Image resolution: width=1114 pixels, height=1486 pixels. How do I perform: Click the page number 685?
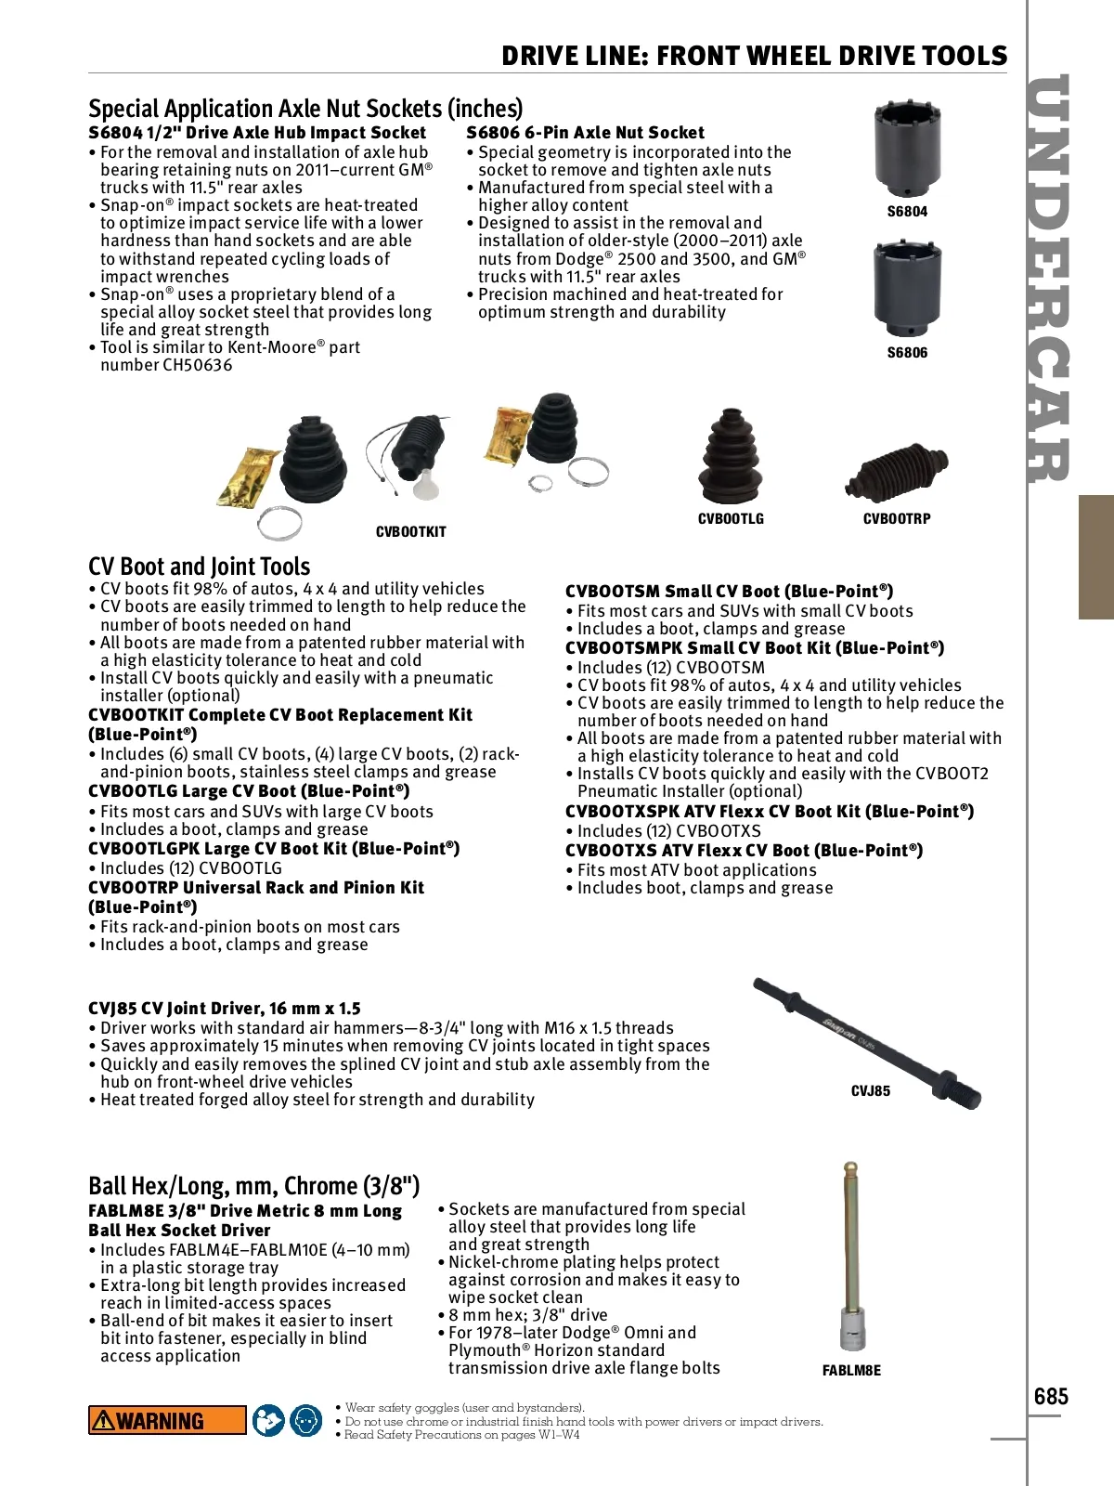(x=1051, y=1396)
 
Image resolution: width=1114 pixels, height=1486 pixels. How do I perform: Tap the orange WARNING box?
(x=167, y=1420)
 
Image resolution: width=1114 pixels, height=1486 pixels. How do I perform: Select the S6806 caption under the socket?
(x=907, y=353)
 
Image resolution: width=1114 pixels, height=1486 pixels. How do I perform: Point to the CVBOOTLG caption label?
(x=731, y=519)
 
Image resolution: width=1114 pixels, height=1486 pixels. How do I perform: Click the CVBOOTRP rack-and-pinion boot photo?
(x=897, y=474)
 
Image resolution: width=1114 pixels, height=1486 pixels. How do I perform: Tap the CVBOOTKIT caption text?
(x=410, y=532)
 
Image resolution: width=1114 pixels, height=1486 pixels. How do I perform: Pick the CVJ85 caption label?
(x=870, y=1091)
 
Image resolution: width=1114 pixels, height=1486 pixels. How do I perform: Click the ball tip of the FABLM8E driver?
(x=849, y=1168)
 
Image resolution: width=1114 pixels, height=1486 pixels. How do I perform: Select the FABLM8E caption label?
(x=851, y=1371)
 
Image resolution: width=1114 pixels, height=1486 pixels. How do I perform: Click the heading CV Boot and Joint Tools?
(x=199, y=567)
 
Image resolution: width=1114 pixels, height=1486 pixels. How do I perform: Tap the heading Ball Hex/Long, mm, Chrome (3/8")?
(x=253, y=1186)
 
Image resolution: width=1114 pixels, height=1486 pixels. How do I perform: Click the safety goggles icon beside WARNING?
(x=305, y=1420)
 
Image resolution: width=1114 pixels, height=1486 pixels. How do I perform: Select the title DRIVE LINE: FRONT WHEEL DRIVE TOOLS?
(x=754, y=56)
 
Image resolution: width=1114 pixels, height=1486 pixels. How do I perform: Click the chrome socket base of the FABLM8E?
(x=851, y=1330)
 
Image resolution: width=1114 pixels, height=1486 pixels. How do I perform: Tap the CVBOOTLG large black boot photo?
(x=730, y=457)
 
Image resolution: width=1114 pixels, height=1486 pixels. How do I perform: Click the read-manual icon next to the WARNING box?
(x=268, y=1420)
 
